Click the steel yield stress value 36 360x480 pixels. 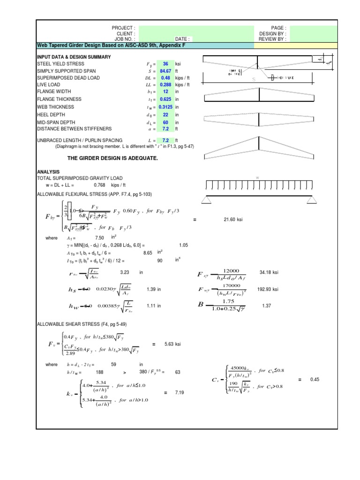(165, 64)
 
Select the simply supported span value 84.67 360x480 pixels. (165, 71)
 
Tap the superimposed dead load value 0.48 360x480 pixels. (165, 78)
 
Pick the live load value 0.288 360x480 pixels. (165, 85)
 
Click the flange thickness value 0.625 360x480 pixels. (165, 99)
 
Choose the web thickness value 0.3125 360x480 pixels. (165, 107)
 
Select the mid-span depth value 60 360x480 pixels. (165, 122)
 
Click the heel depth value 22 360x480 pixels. (165, 114)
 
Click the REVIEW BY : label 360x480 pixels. (272, 39)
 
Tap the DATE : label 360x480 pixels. (183, 39)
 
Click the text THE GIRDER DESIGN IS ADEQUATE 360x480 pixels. (112, 158)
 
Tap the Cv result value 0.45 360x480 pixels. (314, 380)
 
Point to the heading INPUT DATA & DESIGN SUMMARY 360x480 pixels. (74, 57)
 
